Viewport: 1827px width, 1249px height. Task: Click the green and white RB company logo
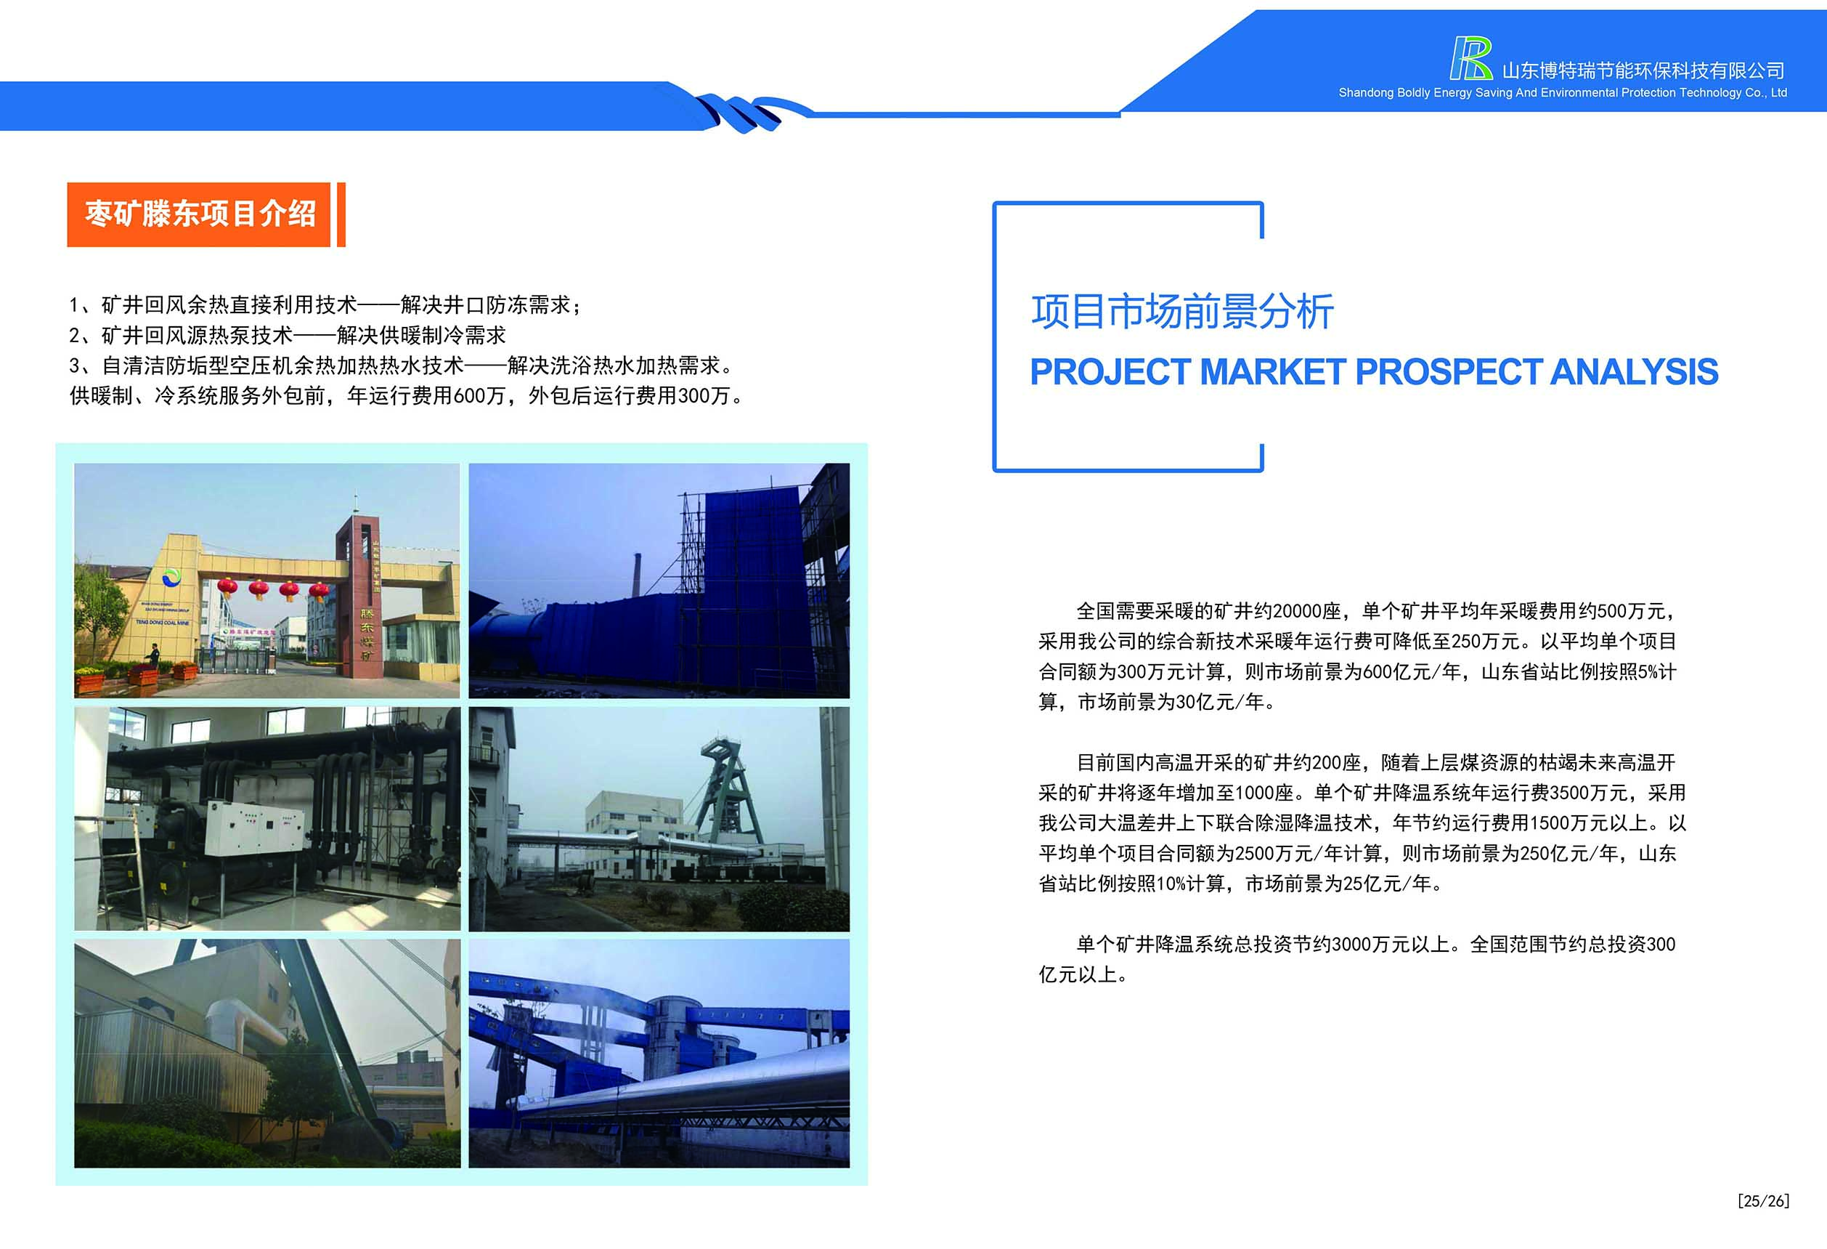(1471, 58)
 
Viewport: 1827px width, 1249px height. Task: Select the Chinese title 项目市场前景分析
(1182, 312)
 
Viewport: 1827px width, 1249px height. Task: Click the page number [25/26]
(1763, 1201)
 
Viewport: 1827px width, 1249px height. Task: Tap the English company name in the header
(1562, 93)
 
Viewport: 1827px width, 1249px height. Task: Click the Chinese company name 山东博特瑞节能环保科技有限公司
(1643, 70)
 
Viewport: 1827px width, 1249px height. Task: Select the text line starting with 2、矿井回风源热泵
(288, 336)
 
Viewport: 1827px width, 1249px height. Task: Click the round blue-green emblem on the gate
(171, 579)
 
